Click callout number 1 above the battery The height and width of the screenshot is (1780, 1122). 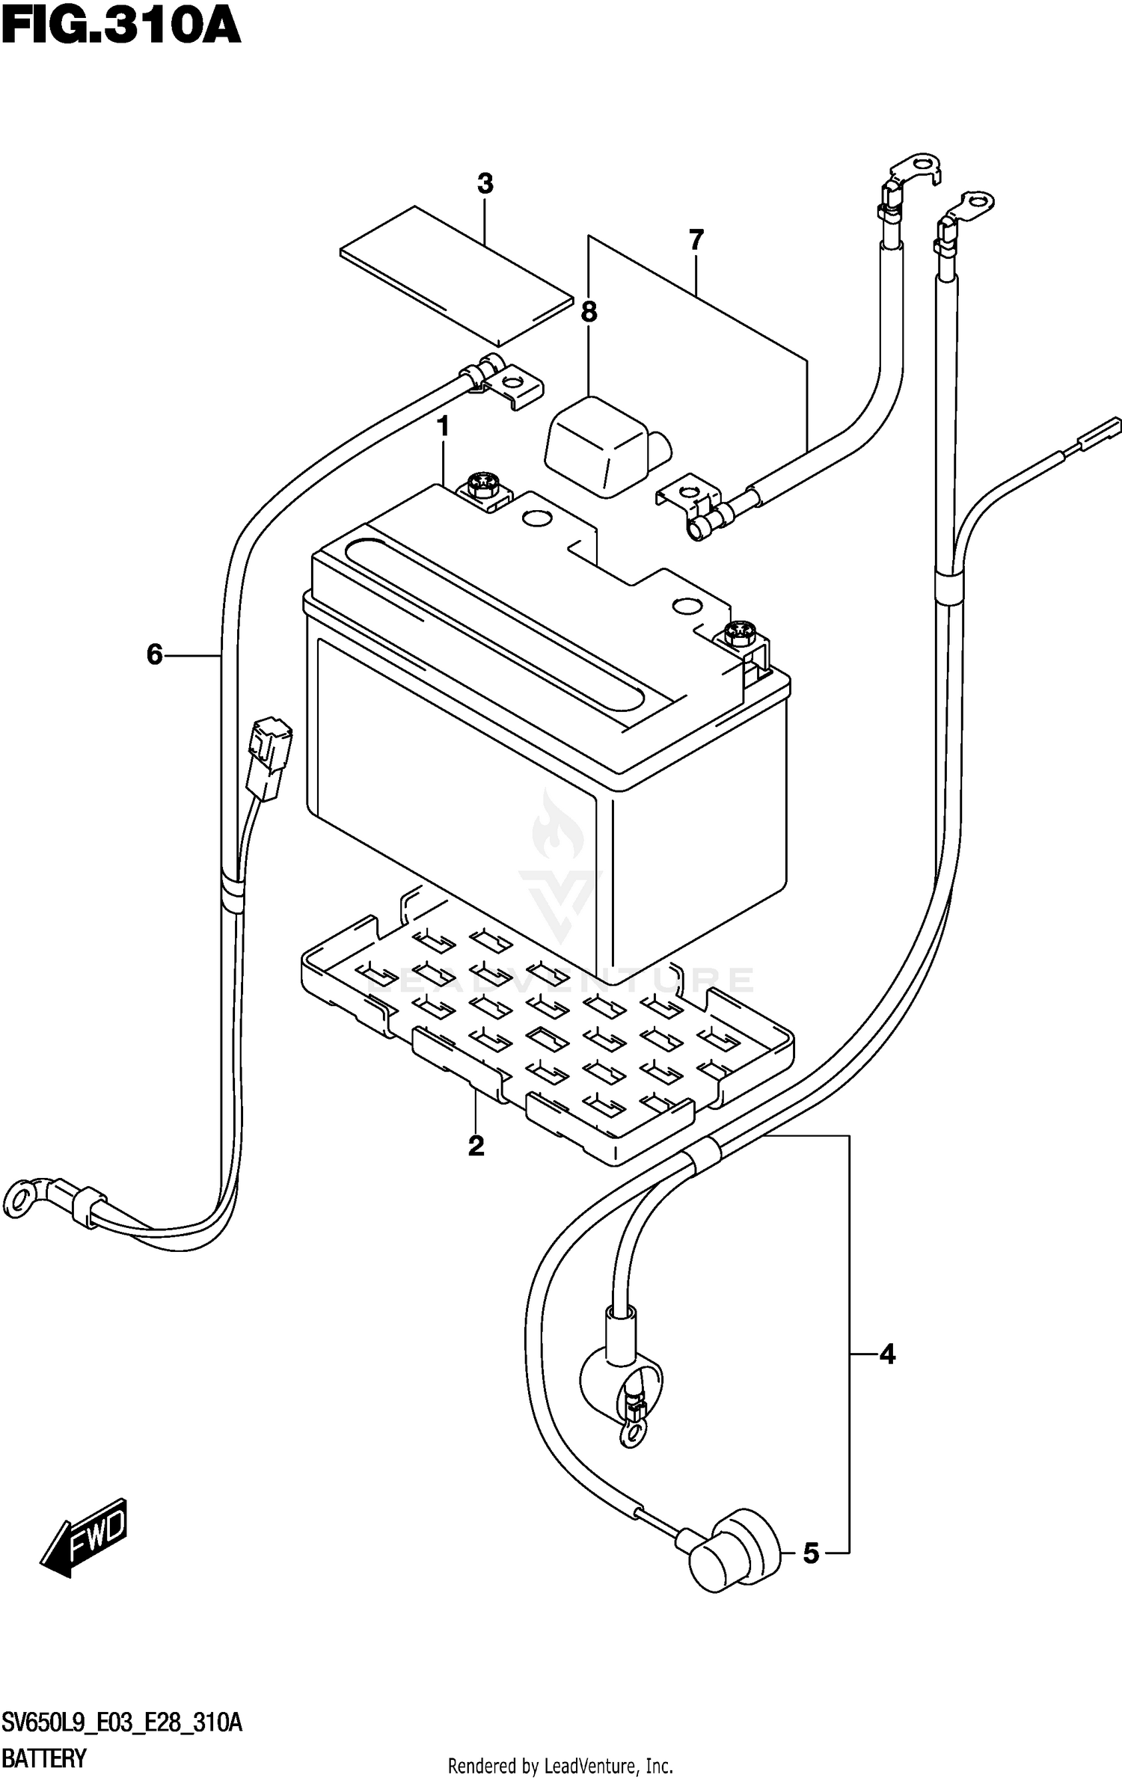[x=443, y=427]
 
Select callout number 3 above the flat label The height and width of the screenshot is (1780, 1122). [x=485, y=184]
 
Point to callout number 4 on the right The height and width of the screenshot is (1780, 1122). [x=887, y=1354]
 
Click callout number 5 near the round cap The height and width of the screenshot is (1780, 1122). [x=812, y=1554]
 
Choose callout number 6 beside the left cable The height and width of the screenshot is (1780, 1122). [x=154, y=655]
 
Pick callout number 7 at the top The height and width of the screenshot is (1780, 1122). [x=696, y=241]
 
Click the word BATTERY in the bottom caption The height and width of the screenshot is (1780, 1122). [x=44, y=1758]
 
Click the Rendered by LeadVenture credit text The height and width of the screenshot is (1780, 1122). [x=560, y=1767]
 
